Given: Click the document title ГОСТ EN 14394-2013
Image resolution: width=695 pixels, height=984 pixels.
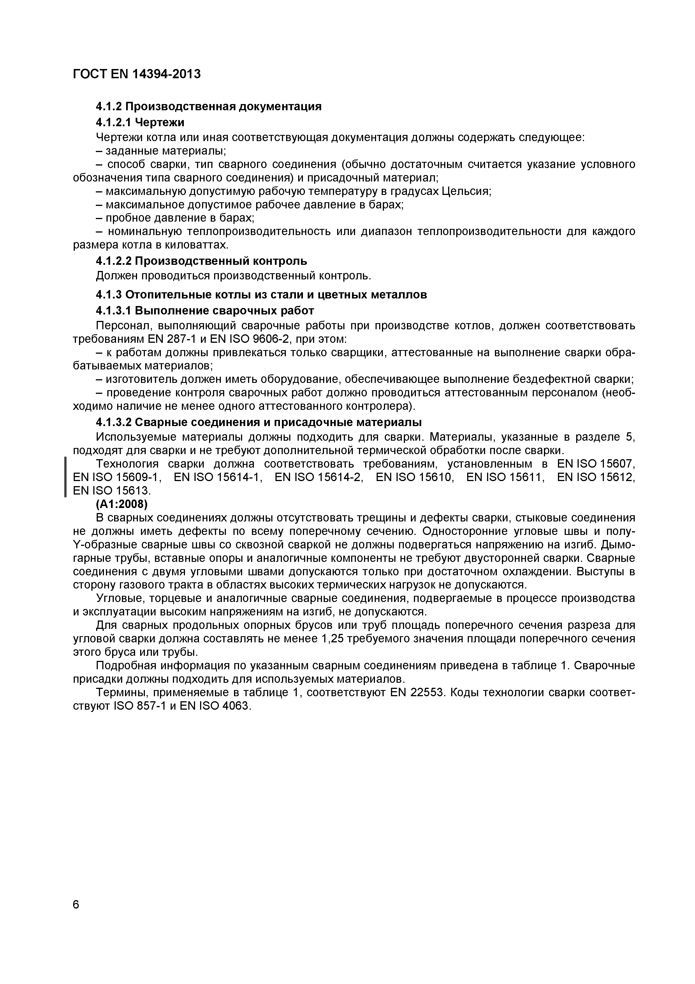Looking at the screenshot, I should (136, 74).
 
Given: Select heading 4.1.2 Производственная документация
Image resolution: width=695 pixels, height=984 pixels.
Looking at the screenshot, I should (208, 106).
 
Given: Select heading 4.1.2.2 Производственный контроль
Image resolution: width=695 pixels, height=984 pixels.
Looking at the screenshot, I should (201, 261).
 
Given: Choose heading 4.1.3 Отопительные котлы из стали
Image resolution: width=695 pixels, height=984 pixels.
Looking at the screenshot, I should (261, 295).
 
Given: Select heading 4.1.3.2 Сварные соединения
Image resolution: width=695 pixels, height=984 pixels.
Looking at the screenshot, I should (259, 422).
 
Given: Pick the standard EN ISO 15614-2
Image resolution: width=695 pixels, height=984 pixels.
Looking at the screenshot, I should (319, 477).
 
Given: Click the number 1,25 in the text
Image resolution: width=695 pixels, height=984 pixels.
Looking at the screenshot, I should (333, 639).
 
